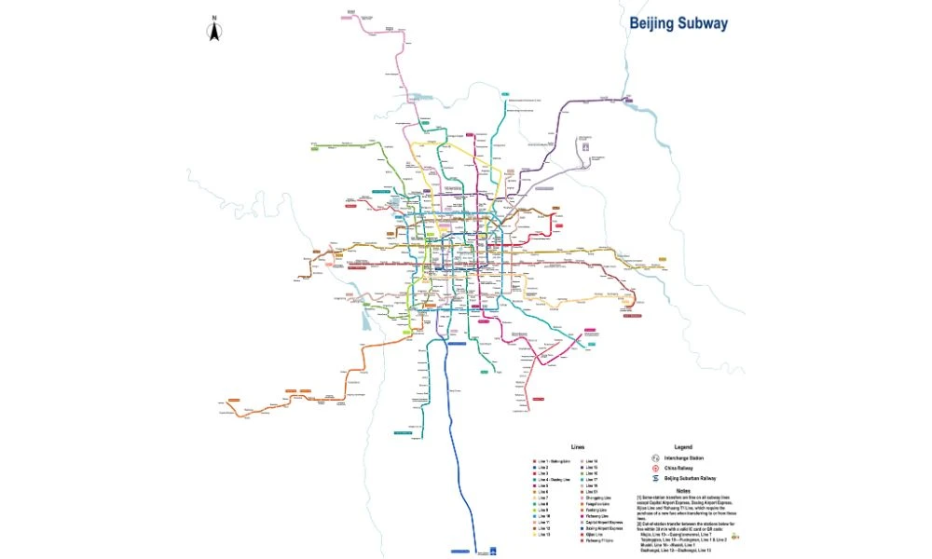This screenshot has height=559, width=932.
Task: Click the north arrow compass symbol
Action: [x=213, y=34]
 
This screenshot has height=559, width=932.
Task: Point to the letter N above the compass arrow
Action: [x=213, y=19]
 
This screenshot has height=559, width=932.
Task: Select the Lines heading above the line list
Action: [x=578, y=448]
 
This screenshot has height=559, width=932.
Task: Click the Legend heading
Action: [x=683, y=447]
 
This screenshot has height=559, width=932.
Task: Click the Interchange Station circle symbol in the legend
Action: [x=655, y=457]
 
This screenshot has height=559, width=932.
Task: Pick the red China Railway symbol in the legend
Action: [x=655, y=468]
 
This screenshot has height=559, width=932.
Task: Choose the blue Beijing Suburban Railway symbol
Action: [x=655, y=478]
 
